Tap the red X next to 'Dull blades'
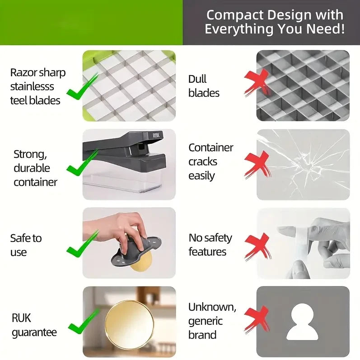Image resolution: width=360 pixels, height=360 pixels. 257,83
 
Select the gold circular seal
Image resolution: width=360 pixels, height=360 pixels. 129,324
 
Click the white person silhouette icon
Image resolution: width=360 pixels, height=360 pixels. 302,322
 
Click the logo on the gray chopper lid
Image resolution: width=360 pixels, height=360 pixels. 156,135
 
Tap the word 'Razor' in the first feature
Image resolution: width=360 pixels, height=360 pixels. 23,73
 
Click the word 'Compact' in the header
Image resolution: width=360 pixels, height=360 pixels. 234,15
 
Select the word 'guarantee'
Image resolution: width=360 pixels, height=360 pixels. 34,332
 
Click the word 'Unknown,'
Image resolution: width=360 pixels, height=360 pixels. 212,307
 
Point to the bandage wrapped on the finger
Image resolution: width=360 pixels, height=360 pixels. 300,239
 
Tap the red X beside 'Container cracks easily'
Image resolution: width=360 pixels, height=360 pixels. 257,164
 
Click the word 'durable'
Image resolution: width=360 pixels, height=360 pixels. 32,168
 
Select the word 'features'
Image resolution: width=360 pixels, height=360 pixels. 207,252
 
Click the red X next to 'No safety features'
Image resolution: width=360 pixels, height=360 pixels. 257,246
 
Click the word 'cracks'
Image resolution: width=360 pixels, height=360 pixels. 203,162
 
